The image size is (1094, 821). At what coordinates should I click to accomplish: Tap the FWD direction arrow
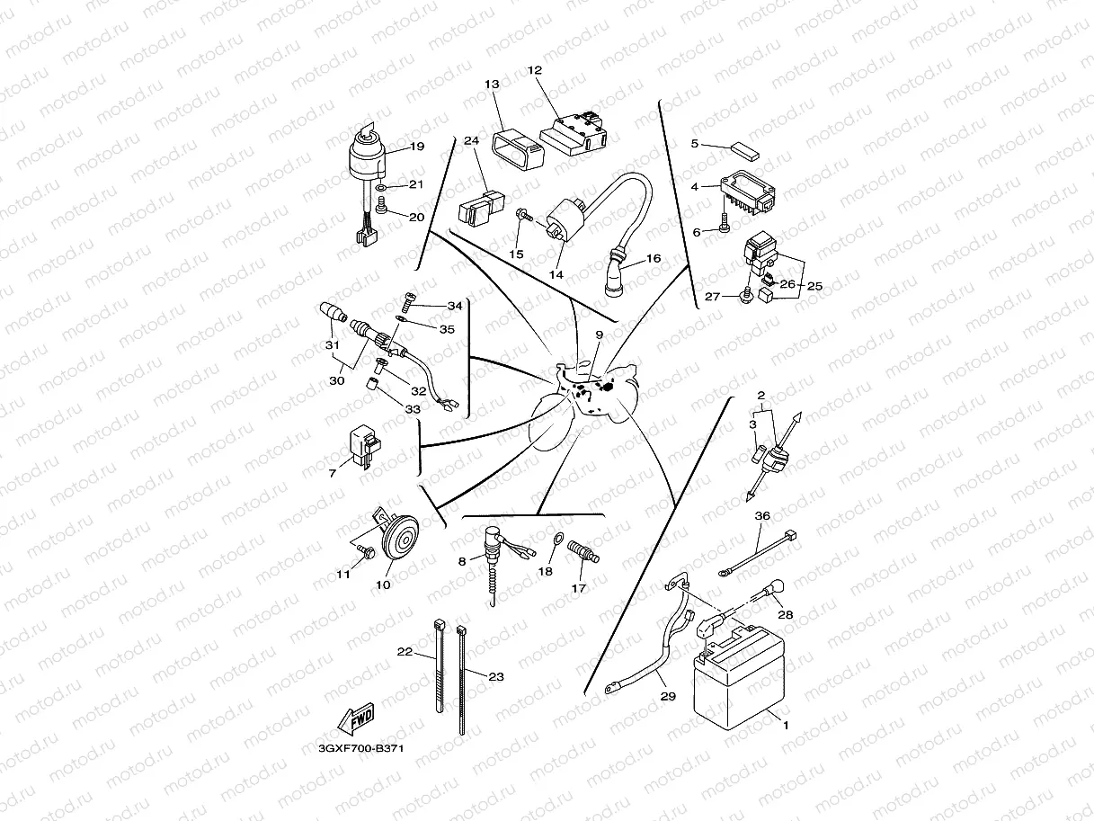353,719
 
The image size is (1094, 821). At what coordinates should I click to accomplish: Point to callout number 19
416,147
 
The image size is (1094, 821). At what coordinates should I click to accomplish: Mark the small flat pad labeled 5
745,148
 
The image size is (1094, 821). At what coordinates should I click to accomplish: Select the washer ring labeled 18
556,540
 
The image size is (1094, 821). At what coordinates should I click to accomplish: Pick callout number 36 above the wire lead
762,516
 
